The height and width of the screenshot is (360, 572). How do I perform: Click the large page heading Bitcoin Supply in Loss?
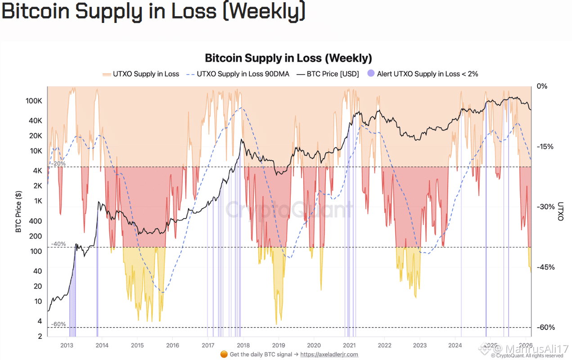153,12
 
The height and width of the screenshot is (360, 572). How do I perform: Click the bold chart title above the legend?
288,58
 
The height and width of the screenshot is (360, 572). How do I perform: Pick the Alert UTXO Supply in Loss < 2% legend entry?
423,74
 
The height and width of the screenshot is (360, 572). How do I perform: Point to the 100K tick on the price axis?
35,101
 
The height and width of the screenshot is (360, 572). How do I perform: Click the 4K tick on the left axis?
38,171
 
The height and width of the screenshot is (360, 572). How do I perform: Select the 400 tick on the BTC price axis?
36,221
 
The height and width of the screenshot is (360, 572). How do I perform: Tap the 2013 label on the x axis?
67,345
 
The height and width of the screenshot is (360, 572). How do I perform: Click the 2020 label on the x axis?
314,345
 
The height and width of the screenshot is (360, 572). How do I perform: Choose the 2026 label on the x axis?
526,345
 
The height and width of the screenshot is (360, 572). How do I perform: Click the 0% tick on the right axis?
542,86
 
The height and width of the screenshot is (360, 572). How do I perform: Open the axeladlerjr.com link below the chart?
329,354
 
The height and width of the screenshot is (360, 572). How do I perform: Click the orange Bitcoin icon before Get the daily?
224,354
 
